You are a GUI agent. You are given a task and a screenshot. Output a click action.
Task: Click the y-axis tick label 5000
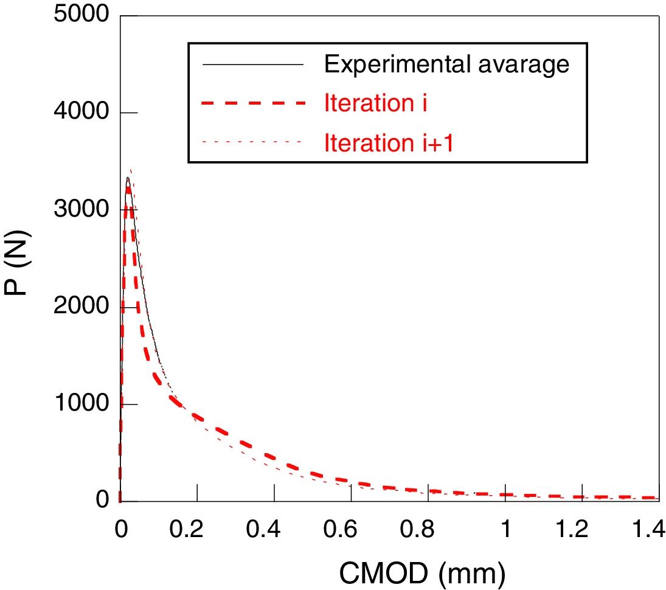[x=81, y=15]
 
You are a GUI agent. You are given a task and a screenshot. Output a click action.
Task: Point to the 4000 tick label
[x=81, y=113]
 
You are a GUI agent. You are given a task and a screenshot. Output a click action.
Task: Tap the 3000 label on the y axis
[x=81, y=210]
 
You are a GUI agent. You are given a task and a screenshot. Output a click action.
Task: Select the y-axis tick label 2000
[x=81, y=307]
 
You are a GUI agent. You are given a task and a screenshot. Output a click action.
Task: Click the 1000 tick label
[x=81, y=404]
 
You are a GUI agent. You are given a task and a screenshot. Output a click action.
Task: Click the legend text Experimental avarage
[x=447, y=64]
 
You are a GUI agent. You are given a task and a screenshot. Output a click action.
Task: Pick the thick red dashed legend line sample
[x=251, y=104]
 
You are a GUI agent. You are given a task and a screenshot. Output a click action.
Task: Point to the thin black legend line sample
[x=251, y=64]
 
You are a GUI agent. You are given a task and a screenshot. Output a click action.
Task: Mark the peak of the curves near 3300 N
[x=128, y=178]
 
